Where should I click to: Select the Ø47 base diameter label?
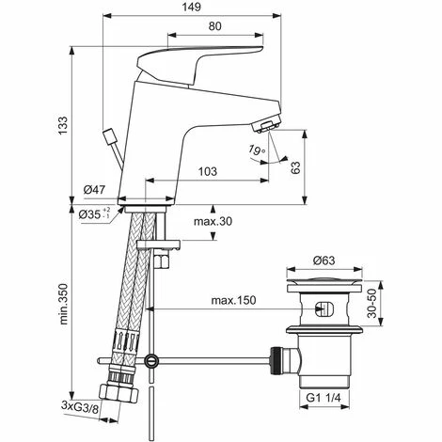click(93, 190)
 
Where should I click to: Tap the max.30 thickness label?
click(212, 221)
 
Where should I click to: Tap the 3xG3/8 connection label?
click(79, 405)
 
